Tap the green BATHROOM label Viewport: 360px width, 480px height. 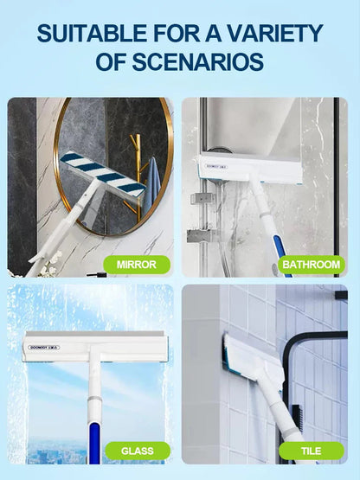tap(306, 265)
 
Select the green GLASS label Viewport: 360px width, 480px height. tap(137, 451)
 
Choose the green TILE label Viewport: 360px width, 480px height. tap(311, 451)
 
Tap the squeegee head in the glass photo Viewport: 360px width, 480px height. tap(90, 346)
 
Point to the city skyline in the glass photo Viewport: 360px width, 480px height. tap(52, 454)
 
